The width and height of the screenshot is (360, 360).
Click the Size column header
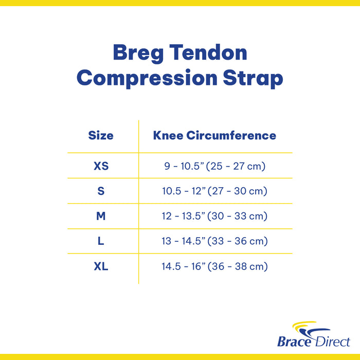(101, 136)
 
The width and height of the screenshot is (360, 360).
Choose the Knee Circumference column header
(214, 136)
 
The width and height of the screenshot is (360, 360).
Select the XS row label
(101, 166)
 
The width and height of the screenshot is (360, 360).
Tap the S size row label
(101, 191)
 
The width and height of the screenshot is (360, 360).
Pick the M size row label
(101, 217)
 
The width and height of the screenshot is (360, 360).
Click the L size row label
(101, 241)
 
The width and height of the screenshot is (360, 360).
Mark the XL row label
(101, 266)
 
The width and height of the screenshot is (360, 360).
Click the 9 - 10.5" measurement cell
(214, 166)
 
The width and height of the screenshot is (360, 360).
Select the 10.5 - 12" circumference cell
(214, 191)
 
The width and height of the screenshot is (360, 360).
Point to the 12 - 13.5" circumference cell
(214, 217)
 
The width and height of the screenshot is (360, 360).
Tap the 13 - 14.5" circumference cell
(214, 241)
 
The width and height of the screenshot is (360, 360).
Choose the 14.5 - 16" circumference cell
(214, 266)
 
